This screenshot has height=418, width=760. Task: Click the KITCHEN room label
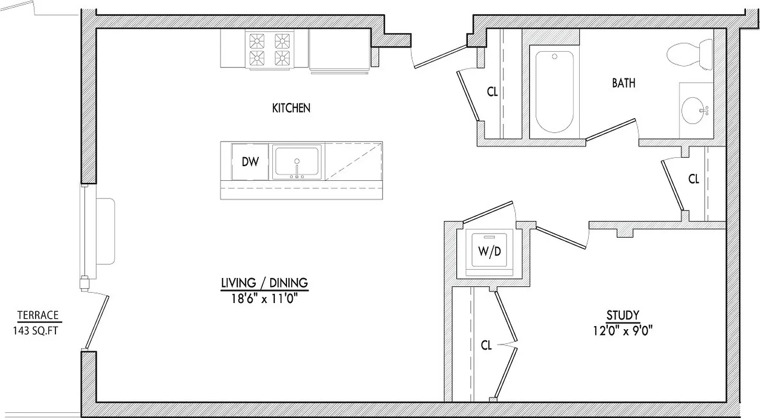pos(291,108)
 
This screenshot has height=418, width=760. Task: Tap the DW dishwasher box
pos(250,161)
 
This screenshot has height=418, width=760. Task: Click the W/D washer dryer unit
pos(490,251)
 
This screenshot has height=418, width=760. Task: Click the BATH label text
pos(624,83)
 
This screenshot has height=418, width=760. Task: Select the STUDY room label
pos(623,316)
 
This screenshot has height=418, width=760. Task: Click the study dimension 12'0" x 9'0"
pos(623,330)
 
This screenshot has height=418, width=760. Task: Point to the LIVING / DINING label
pos(264,283)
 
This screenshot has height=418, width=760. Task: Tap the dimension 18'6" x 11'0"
pos(264,299)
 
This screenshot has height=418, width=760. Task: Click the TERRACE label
pos(38,316)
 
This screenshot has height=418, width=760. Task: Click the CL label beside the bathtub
pos(492,92)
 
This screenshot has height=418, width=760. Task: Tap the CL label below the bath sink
pos(694,179)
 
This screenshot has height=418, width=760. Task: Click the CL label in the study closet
pos(486,346)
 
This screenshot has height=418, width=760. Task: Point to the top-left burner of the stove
pos(257,40)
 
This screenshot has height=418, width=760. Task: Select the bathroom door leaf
pos(612,130)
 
